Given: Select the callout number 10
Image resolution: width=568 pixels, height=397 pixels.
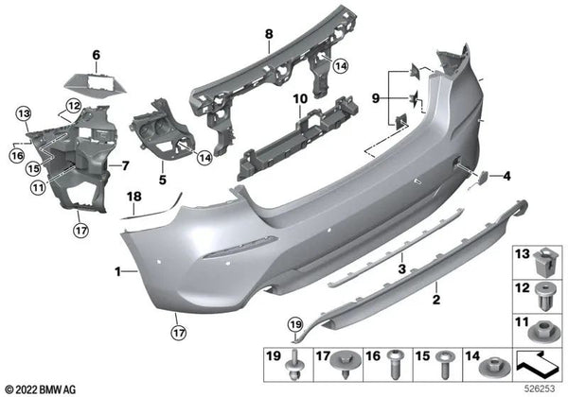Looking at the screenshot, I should pyautogui.click(x=299, y=98).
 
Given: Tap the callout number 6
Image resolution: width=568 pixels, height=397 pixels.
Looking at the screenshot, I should pyautogui.click(x=95, y=56).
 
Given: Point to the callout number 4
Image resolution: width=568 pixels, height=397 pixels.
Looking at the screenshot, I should pyautogui.click(x=507, y=176).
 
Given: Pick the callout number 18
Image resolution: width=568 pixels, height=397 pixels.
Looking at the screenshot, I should pyautogui.click(x=133, y=196).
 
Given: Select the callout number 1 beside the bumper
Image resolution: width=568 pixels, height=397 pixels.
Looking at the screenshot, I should pyautogui.click(x=118, y=271).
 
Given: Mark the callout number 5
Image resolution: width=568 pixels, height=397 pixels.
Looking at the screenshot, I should pyautogui.click(x=162, y=178).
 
